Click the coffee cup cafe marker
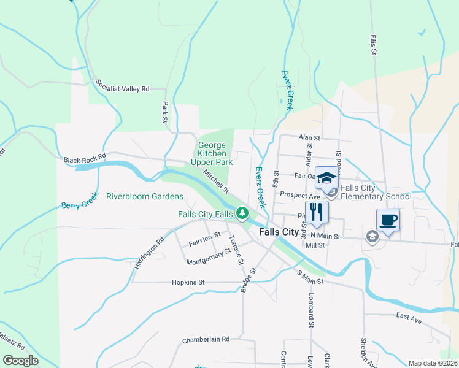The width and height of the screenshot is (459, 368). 387,220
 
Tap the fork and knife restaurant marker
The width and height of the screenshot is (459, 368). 317,212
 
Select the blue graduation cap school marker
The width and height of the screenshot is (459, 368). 326,178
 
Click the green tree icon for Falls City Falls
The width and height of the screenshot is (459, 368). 243,213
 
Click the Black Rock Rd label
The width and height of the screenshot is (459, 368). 85,158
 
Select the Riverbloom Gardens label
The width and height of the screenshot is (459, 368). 145,197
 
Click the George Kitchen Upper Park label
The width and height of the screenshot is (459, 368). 212,154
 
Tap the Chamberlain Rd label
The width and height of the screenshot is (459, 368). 206,339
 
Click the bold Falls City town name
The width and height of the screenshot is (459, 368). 279,232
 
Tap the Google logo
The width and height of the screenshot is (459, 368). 21,361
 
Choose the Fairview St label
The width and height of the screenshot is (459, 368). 205,239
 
